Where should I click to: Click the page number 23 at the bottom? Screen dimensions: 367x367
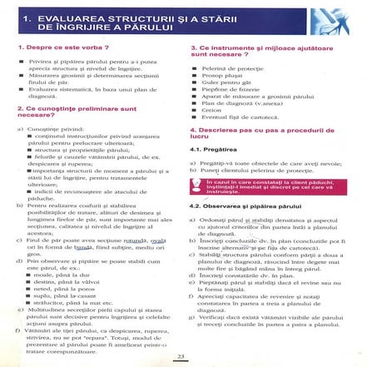181,357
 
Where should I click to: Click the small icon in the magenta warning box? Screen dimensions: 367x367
196,184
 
